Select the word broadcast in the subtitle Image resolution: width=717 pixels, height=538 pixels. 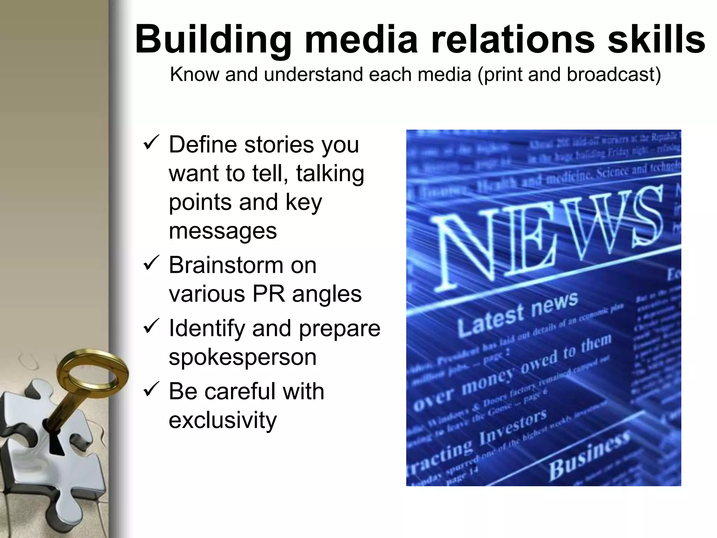pyautogui.click(x=613, y=75)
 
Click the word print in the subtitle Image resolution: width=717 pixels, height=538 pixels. pyautogui.click(x=501, y=75)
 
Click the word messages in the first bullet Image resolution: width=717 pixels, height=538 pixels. pyautogui.click(x=223, y=231)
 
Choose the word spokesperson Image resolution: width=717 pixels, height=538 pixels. pyautogui.click(x=243, y=357)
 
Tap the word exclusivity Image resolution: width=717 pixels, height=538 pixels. pyautogui.click(x=223, y=420)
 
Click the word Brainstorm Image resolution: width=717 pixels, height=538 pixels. pyautogui.click(x=243, y=265)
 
